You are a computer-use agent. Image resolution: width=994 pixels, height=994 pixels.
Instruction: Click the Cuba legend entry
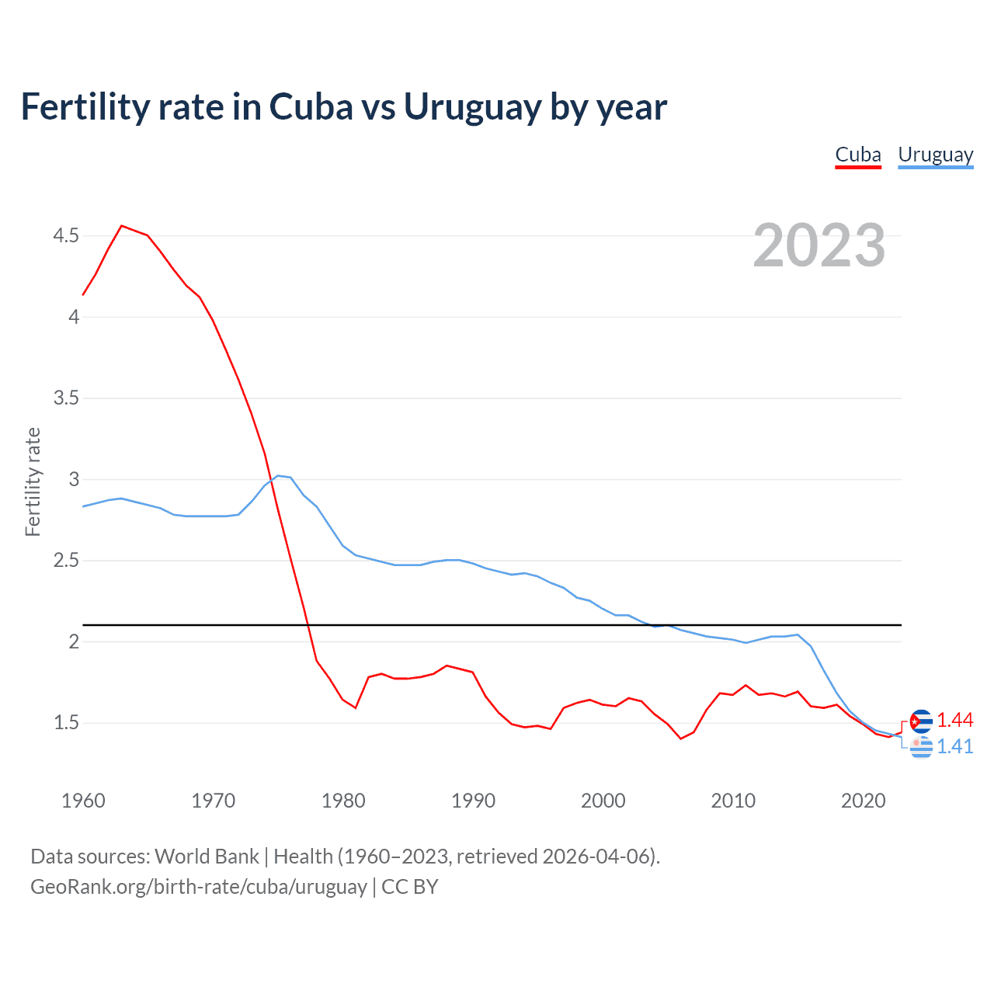click(x=858, y=155)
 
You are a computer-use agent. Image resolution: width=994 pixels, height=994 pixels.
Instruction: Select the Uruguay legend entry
click(x=935, y=155)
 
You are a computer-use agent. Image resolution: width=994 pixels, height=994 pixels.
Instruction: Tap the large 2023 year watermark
click(x=819, y=245)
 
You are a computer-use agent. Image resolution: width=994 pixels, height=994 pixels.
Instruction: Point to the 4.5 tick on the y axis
click(x=66, y=235)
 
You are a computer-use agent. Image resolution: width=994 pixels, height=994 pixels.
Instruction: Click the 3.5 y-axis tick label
click(x=66, y=398)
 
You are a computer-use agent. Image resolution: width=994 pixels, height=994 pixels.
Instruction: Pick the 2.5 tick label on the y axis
click(x=66, y=561)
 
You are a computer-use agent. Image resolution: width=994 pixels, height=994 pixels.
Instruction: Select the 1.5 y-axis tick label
click(x=66, y=723)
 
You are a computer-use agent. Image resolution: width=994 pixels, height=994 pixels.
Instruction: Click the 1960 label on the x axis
click(x=83, y=801)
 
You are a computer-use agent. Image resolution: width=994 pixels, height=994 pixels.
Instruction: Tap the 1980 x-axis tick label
click(x=343, y=801)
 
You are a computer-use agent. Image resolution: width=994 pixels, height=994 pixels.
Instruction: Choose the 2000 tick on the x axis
click(x=603, y=801)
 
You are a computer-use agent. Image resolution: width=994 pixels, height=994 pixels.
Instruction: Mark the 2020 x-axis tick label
click(x=863, y=801)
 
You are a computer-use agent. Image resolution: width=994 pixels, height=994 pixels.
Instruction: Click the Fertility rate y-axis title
click(x=33, y=481)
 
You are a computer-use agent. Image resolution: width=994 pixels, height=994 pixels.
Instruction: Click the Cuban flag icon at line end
click(x=921, y=721)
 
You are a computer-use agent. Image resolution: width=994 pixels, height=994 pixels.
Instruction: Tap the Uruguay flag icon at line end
click(x=921, y=747)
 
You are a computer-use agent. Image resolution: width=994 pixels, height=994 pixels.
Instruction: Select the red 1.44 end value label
click(x=955, y=721)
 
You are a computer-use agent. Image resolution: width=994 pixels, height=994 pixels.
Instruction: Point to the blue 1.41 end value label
click(x=955, y=747)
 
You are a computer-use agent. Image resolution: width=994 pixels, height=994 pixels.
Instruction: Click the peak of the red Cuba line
click(x=122, y=226)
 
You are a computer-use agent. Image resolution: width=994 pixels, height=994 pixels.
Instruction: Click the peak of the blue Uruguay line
click(x=278, y=475)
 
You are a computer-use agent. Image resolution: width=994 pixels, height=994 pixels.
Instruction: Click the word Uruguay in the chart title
click(x=472, y=107)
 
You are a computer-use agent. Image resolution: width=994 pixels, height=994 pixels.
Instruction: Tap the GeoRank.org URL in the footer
click(x=199, y=887)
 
